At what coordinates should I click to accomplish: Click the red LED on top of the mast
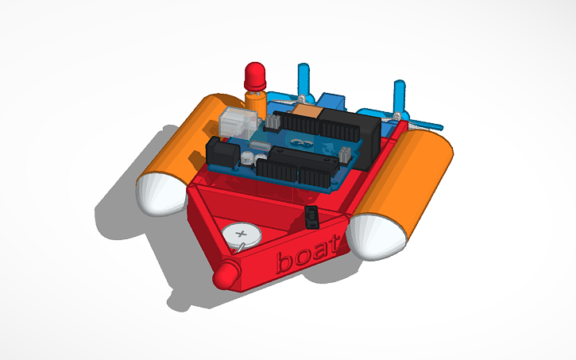point(254,75)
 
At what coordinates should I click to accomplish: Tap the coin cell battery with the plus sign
point(242,236)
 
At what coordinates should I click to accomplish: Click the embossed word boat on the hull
point(311,255)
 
